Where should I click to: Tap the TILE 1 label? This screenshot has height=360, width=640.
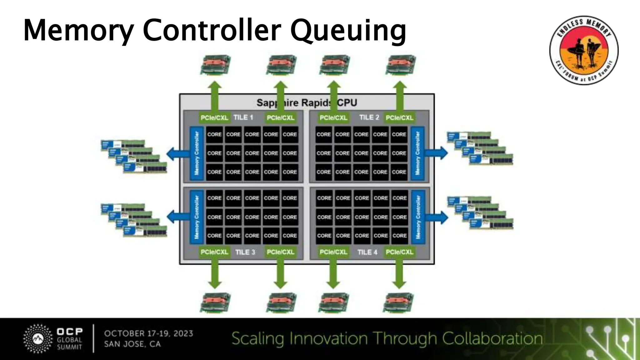click(243, 117)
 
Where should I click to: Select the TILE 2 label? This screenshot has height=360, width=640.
click(369, 117)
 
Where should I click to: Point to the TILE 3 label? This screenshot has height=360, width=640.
click(245, 252)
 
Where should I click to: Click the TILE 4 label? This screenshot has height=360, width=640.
click(367, 252)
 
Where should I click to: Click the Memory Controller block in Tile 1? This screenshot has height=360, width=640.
click(197, 153)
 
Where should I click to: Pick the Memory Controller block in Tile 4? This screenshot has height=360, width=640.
click(418, 217)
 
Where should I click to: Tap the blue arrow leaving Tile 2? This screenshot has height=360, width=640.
click(437, 153)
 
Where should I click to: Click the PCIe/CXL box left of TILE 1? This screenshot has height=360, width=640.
click(214, 118)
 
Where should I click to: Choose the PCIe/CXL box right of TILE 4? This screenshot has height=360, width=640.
click(399, 252)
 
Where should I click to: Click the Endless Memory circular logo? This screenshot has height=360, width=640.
click(584, 50)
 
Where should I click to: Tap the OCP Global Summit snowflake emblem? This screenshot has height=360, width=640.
click(38, 339)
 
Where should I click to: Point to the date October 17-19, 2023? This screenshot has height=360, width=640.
click(148, 333)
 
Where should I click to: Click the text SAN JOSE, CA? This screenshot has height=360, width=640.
click(132, 344)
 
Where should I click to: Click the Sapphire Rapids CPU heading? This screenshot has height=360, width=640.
click(307, 102)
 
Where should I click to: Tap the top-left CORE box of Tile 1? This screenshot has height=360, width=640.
click(214, 134)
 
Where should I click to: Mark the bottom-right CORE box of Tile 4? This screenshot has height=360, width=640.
click(399, 236)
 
